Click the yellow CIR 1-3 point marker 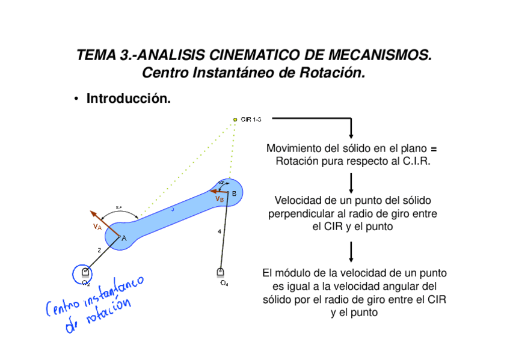235,120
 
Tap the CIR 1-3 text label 251,120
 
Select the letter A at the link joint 124,239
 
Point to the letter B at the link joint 234,193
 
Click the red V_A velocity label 97,227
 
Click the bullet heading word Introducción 129,98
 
